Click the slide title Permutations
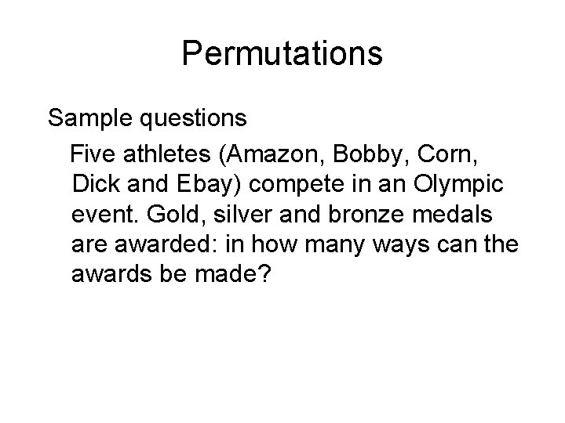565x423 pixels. click(x=282, y=54)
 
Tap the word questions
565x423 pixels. click(x=197, y=119)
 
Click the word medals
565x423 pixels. click(x=468, y=210)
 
